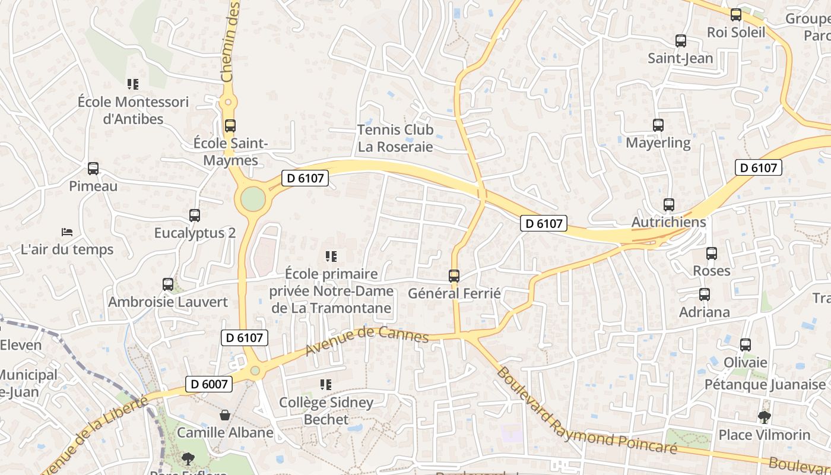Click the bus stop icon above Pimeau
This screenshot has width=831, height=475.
[x=93, y=168]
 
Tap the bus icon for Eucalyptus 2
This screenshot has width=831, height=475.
[x=195, y=216]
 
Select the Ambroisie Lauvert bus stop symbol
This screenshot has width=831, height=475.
[x=168, y=284]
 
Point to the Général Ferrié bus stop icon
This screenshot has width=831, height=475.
[x=454, y=275]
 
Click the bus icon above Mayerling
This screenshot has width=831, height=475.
[x=658, y=125]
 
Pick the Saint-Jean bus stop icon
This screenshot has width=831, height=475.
[x=681, y=41]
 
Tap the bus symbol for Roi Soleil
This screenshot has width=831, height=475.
[x=736, y=15]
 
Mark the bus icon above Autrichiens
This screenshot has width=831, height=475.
[x=669, y=205]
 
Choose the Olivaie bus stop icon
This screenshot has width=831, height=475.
[x=746, y=345]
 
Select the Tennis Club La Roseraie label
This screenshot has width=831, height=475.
[x=396, y=138]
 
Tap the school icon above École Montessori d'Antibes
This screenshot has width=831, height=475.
[x=133, y=84]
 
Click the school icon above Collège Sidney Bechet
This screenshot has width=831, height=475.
[x=325, y=385]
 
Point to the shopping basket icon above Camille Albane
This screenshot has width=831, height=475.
[x=225, y=414]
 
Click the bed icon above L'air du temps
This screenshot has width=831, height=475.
[x=67, y=232]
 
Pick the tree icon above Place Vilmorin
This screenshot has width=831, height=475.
[x=765, y=417]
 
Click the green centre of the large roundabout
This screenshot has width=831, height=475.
[x=253, y=199]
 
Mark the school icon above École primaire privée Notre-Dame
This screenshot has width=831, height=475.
[x=331, y=256]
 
